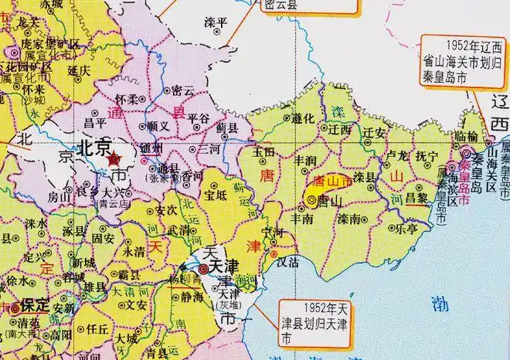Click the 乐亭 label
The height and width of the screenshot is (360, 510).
pyautogui.click(x=408, y=229)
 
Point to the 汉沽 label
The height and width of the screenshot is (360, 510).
pyautogui.click(x=287, y=263)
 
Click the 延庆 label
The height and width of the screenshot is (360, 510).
pyautogui.click(x=80, y=70)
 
